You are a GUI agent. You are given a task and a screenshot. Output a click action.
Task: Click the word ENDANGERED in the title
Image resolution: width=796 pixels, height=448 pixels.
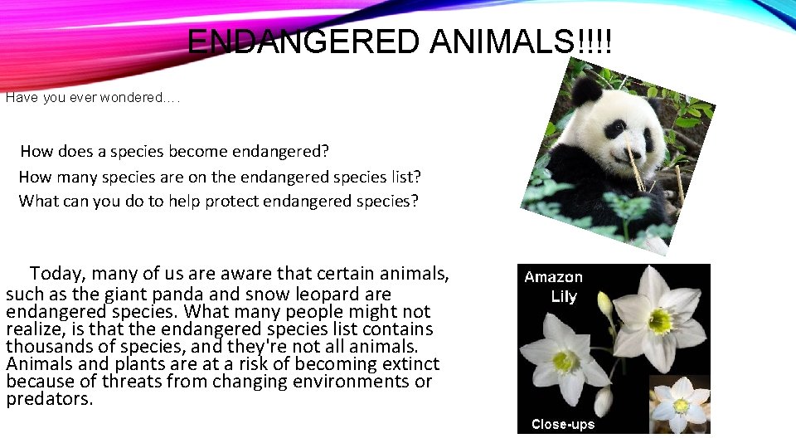[x=304, y=41]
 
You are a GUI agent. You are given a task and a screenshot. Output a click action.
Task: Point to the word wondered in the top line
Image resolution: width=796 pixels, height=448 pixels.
[x=129, y=98]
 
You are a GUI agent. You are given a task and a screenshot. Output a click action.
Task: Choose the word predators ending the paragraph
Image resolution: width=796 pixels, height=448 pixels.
[x=49, y=399]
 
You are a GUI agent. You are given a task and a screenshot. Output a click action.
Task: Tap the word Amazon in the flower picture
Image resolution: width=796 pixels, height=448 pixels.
[x=553, y=278]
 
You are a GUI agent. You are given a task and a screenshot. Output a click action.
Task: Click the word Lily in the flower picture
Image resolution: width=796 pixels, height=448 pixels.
[x=564, y=297]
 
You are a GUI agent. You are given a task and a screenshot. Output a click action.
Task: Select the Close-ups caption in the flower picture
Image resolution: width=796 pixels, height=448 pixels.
[x=563, y=424]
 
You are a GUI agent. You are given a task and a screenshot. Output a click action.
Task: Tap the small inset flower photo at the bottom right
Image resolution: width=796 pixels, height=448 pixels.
[x=680, y=405]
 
